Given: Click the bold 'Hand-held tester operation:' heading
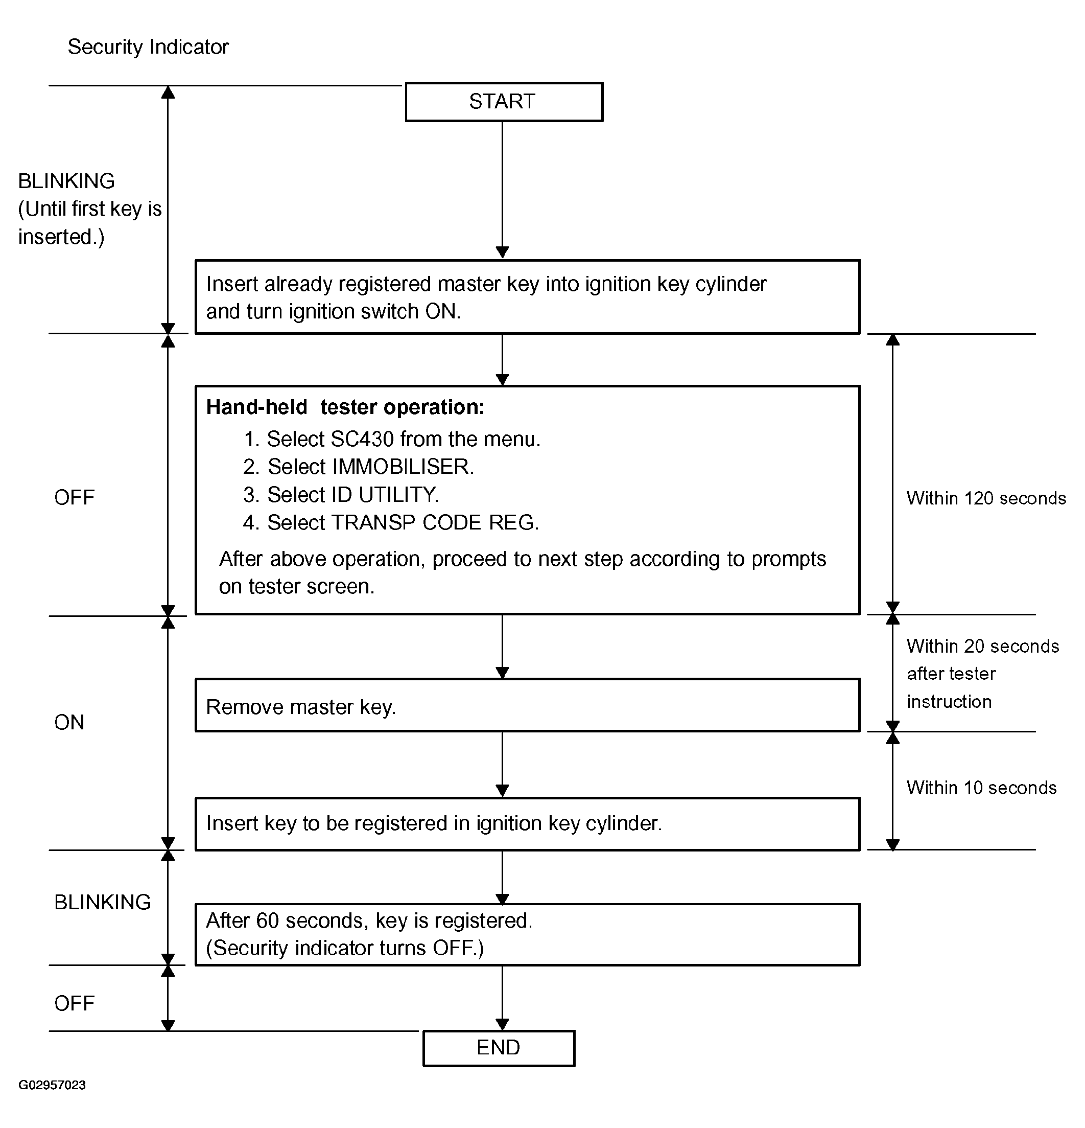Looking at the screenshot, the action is (x=345, y=407).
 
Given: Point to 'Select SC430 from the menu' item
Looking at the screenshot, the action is (x=392, y=439).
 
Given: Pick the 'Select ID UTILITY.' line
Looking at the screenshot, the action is (x=341, y=494).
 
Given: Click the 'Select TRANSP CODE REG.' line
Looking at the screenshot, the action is (x=391, y=522).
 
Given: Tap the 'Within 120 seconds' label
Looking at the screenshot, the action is (x=986, y=498).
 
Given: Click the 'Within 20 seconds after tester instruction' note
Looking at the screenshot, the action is (x=983, y=673).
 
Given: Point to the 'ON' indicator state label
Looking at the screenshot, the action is (x=69, y=722).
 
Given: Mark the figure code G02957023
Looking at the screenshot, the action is (x=52, y=1085).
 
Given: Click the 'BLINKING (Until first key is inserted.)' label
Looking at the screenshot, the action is (x=90, y=209).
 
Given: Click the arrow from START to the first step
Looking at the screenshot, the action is (x=502, y=190).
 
